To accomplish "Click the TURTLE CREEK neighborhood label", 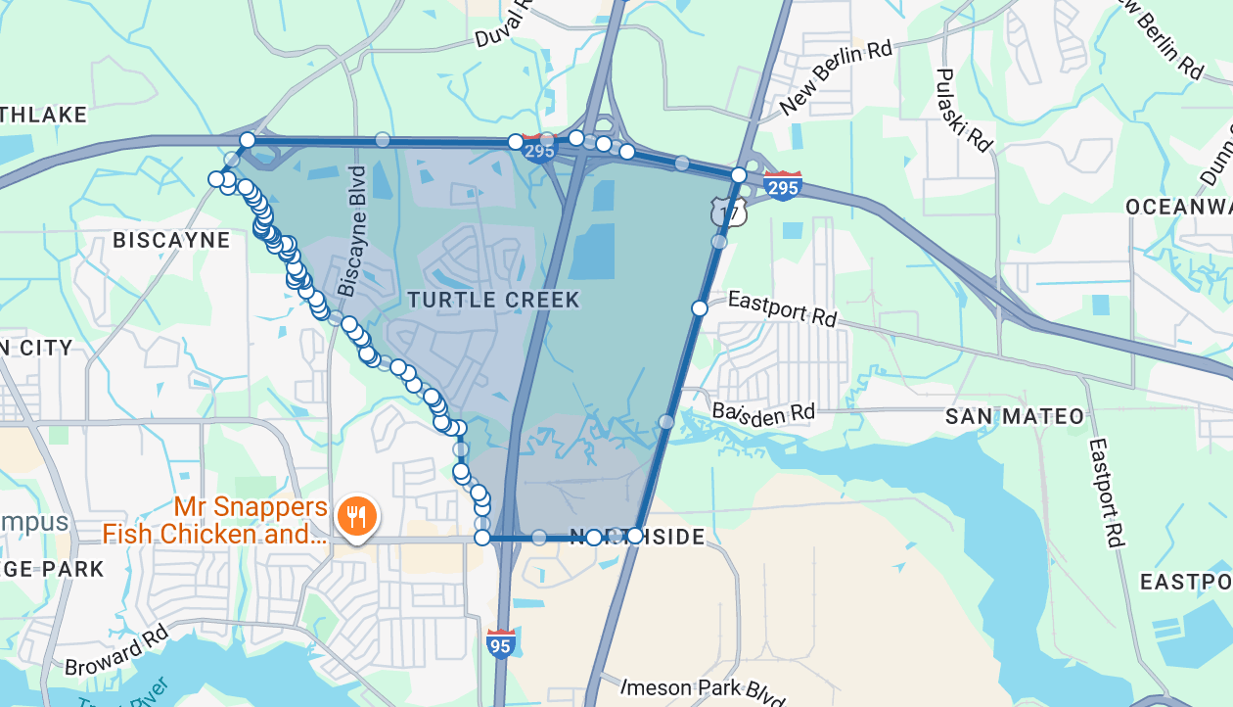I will tap(493, 300).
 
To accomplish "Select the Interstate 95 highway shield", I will tap(500, 643).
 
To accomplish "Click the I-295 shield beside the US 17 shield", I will tap(783, 185).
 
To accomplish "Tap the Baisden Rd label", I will tap(763, 413).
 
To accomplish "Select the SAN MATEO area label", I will tap(1015, 417).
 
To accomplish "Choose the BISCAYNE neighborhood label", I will tap(171, 241).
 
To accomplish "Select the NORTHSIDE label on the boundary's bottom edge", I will tap(637, 537).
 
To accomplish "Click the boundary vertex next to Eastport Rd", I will tap(700, 308).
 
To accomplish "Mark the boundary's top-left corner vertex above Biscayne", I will tap(248, 140).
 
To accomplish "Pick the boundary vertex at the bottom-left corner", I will tap(482, 538).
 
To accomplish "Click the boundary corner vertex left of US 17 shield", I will tap(739, 175).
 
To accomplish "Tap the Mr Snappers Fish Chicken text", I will tap(215, 521).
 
